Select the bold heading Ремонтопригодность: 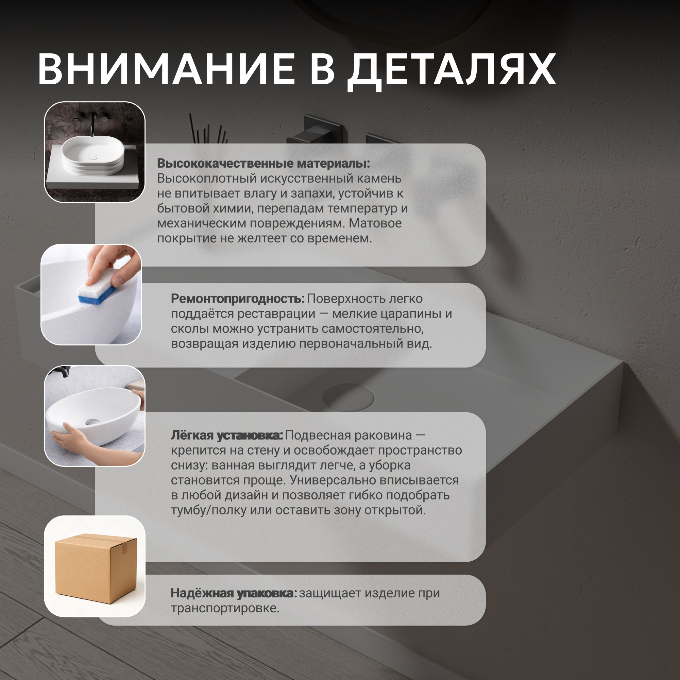(x=238, y=299)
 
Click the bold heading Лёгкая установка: (x=227, y=436)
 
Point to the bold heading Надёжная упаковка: (x=234, y=593)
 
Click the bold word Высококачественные (x=225, y=163)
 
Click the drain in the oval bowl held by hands (x=93, y=421)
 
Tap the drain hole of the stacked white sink (x=93, y=157)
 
